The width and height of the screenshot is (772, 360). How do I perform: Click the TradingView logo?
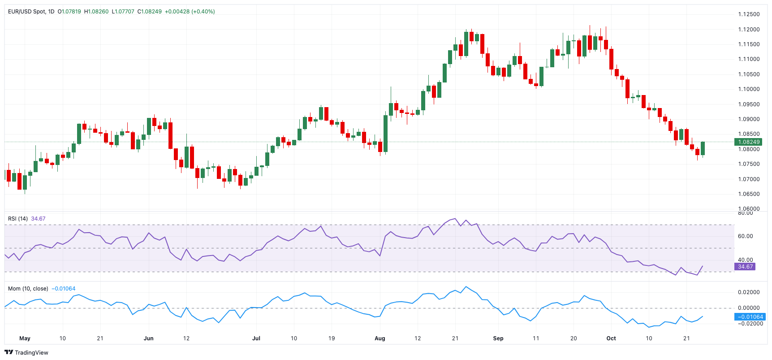(x=26, y=352)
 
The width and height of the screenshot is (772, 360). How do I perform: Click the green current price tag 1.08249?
(x=748, y=142)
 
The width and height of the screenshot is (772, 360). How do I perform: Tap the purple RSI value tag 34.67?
(x=745, y=267)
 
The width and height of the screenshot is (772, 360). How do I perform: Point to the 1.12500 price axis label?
(x=749, y=14)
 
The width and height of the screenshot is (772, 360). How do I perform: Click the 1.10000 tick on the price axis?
(x=749, y=89)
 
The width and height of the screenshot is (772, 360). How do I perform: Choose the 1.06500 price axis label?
(x=749, y=194)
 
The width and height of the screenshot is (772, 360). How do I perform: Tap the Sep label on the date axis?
(x=498, y=338)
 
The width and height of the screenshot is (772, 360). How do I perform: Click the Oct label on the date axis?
(x=611, y=338)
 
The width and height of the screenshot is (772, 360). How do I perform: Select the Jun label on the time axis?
(x=148, y=338)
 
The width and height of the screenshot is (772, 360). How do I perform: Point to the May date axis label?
(x=25, y=338)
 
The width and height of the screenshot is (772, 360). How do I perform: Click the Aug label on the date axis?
(x=380, y=338)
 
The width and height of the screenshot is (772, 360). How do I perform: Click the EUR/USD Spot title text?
(x=27, y=12)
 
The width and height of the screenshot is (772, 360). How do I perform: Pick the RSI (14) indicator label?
(x=18, y=219)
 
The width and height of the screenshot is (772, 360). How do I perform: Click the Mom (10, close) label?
(x=28, y=289)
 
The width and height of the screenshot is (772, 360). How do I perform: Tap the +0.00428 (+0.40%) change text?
(x=190, y=12)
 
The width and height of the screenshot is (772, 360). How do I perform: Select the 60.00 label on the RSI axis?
(x=745, y=236)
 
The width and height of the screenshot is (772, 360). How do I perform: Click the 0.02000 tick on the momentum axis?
(x=749, y=292)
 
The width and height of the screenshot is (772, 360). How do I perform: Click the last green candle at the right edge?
(x=703, y=148)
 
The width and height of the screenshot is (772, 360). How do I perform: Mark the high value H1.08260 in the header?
(x=96, y=12)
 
